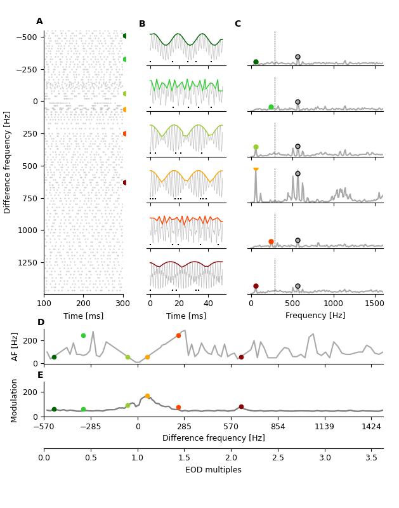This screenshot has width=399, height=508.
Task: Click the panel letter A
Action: pyautogui.click(x=39, y=22)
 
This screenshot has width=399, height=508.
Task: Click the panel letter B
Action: pyautogui.click(x=142, y=24)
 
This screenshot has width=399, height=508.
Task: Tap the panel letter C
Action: pyautogui.click(x=238, y=24)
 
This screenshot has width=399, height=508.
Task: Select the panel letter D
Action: pyautogui.click(x=41, y=323)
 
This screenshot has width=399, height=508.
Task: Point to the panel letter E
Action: pyautogui.click(x=41, y=375)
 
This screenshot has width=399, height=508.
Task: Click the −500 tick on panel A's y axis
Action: pyautogui.click(x=25, y=37)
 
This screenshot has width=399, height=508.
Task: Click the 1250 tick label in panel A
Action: pyautogui.click(x=27, y=262)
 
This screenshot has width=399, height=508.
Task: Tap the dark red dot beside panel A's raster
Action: pyautogui.click(x=125, y=182)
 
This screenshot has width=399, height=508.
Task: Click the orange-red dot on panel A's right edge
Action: pyautogui.click(x=125, y=133)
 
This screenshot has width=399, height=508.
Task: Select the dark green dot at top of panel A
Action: pyautogui.click(x=125, y=36)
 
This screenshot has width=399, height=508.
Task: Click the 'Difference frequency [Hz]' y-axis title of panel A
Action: pyautogui.click(x=8, y=162)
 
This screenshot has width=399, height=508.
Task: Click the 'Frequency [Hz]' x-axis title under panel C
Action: pyautogui.click(x=315, y=316)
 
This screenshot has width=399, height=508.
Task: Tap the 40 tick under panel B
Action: pyautogui.click(x=208, y=304)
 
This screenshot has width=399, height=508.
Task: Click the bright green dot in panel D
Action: pyautogui.click(x=83, y=335)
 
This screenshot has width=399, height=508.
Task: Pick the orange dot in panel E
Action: pyautogui.click(x=147, y=396)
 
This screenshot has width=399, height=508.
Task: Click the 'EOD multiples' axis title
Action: pyautogui.click(x=213, y=470)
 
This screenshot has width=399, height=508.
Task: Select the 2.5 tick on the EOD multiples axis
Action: pyautogui.click(x=278, y=457)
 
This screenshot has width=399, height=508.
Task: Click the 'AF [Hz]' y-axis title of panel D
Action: pyautogui.click(x=15, y=347)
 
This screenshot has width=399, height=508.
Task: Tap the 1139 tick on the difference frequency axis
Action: pyautogui.click(x=324, y=427)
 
